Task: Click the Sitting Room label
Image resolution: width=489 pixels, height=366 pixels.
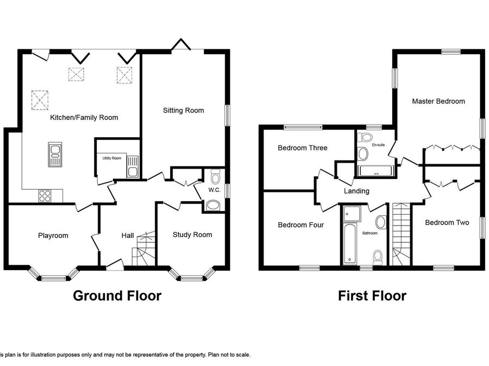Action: click(x=184, y=111)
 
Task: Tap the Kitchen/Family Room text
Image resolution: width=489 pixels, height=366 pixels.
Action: click(x=84, y=118)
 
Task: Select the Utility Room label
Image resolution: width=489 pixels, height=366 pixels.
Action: click(x=112, y=158)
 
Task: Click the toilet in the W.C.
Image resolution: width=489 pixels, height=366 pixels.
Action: click(x=215, y=176)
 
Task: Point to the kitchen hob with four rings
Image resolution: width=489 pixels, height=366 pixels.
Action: click(x=45, y=196)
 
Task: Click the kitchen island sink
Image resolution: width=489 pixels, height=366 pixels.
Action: click(x=55, y=155)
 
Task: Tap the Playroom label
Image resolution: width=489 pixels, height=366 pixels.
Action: click(x=53, y=236)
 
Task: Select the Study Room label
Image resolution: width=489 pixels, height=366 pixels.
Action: click(x=192, y=235)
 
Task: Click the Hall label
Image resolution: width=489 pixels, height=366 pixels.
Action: click(x=128, y=236)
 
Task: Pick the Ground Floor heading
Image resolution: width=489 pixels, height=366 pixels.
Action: click(x=117, y=296)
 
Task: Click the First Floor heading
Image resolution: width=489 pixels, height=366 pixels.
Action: click(x=372, y=296)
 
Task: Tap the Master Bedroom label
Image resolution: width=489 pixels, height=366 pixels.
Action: click(x=438, y=101)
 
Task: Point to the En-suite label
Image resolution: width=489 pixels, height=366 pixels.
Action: click(x=378, y=145)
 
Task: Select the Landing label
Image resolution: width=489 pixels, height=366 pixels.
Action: click(x=356, y=191)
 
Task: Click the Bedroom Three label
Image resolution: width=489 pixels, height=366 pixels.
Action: click(x=303, y=148)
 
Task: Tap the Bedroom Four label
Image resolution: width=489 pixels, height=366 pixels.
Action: click(x=301, y=224)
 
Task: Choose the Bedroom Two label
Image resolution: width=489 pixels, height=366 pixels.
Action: click(x=447, y=222)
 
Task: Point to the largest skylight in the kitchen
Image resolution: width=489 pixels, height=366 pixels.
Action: click(x=40, y=100)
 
